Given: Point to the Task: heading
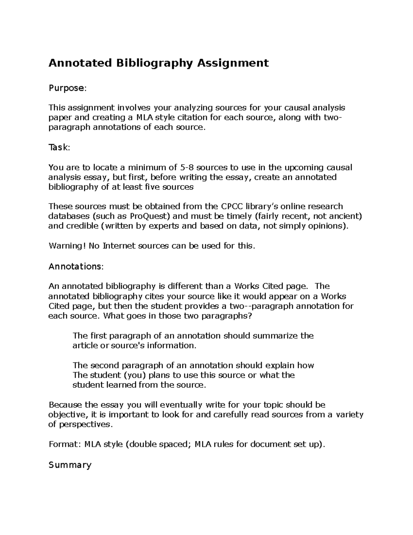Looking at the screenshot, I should (59, 148).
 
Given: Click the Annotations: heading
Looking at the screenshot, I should (76, 266).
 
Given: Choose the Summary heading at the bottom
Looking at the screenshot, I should (70, 465).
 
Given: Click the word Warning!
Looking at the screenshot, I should (67, 246).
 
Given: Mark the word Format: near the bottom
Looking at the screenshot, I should (65, 444).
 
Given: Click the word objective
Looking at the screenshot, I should (67, 415).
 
